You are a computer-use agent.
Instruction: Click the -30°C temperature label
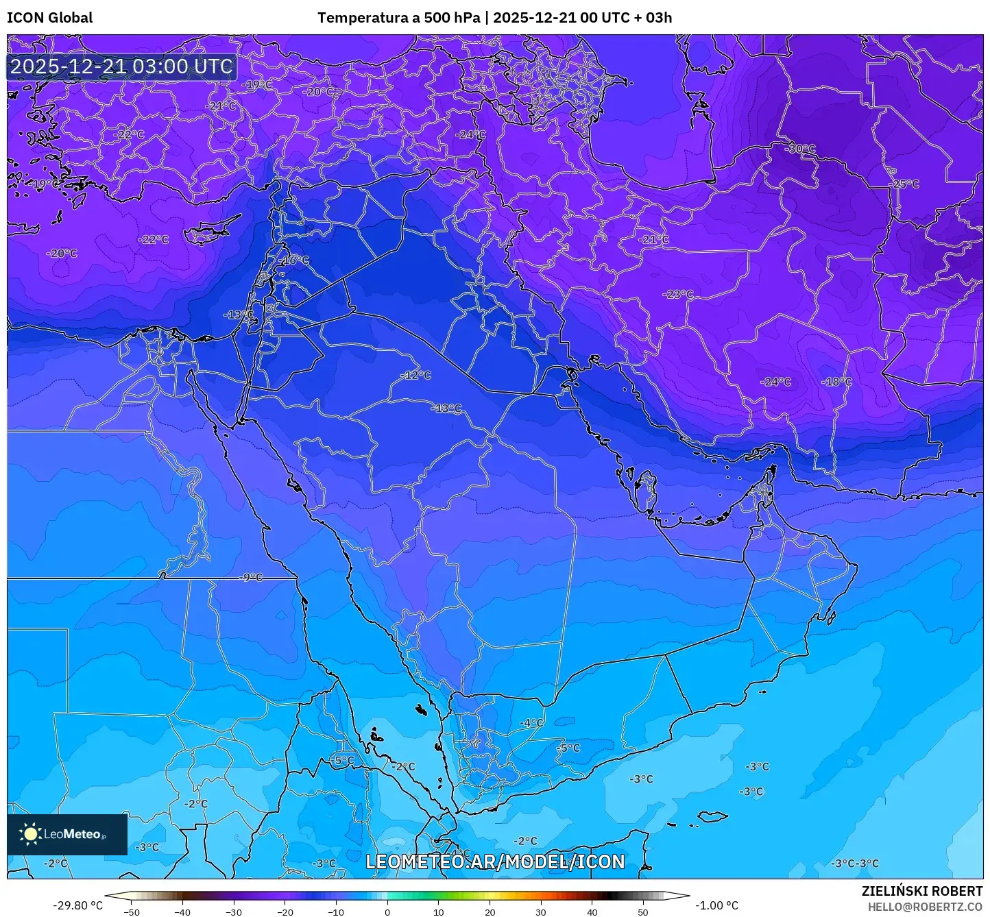coord(801,149)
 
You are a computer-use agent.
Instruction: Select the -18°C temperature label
coord(837,382)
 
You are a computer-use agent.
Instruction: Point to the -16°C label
coord(295,260)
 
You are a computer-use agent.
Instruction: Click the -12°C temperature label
coord(416,375)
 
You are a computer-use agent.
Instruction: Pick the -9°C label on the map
coord(251,577)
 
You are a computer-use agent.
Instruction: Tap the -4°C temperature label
coord(531,723)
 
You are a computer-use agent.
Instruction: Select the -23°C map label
coord(677,294)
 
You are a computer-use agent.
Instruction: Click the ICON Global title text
coord(49,18)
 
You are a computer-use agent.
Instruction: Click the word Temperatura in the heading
coord(363,18)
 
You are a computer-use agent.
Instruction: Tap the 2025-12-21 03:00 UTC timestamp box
coord(121,66)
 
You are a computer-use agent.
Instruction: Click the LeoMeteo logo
coord(67,834)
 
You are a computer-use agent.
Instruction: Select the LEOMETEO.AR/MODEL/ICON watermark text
coord(495,861)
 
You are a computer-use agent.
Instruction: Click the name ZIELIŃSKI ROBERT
coord(921,891)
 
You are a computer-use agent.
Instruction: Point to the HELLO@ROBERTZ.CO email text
coord(925,906)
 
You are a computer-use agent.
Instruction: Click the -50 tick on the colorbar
coord(132,912)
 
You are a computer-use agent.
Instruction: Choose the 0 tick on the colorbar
coord(387,912)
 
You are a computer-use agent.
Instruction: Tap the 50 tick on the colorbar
coord(642,912)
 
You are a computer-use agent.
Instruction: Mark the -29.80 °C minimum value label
coord(77,905)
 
